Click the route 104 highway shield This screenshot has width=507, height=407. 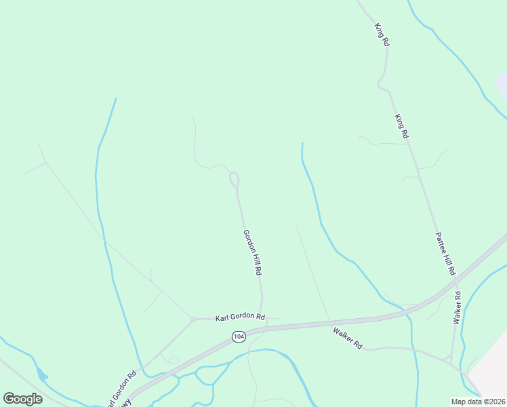click(x=238, y=336)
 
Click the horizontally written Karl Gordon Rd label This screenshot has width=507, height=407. click(x=240, y=317)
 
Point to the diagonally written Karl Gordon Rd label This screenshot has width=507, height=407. click(x=121, y=387)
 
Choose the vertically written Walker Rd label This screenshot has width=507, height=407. click(x=458, y=307)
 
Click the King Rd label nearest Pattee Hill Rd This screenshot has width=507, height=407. click(x=401, y=127)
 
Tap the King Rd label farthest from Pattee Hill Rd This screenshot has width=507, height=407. click(x=382, y=35)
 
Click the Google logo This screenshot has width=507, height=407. click(x=22, y=399)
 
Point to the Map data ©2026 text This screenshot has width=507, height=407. click(x=478, y=402)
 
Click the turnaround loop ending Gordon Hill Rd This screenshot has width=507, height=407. click(x=235, y=180)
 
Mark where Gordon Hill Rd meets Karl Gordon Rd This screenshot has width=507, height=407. click(x=260, y=317)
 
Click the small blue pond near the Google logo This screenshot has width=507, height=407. click(x=43, y=374)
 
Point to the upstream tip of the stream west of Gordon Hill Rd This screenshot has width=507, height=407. click(x=116, y=99)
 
